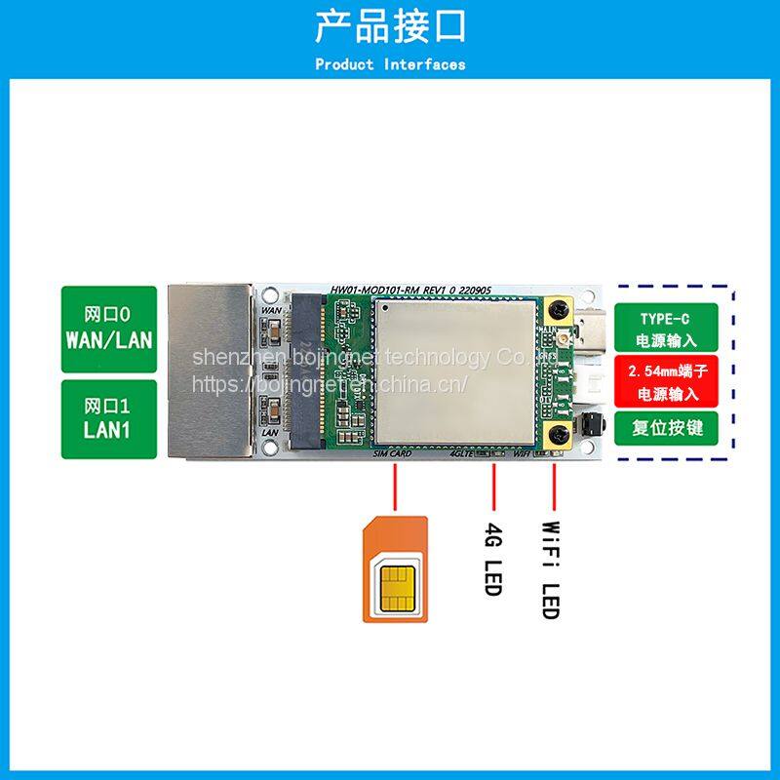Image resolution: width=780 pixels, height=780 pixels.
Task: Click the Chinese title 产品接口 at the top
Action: click(x=390, y=26)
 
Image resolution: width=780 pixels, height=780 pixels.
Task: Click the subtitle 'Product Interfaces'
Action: click(x=390, y=65)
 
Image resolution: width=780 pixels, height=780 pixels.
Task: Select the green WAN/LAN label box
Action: click(x=108, y=329)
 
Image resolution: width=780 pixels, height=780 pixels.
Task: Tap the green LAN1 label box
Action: click(x=108, y=418)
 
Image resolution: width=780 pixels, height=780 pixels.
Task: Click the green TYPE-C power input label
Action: click(x=665, y=330)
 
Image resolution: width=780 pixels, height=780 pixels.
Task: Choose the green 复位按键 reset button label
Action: click(x=665, y=427)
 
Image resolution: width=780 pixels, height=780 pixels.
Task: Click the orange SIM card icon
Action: click(x=394, y=569)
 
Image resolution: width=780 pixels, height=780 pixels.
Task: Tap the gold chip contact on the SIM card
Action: click(x=394, y=586)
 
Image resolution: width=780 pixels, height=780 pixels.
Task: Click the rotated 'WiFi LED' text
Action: click(x=551, y=569)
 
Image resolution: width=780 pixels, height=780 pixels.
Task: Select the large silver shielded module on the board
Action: click(x=456, y=370)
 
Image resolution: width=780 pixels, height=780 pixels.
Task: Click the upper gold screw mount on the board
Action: click(x=558, y=310)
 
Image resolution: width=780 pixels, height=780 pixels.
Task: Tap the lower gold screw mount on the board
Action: click(x=558, y=436)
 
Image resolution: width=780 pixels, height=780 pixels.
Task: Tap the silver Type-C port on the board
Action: click(x=592, y=331)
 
